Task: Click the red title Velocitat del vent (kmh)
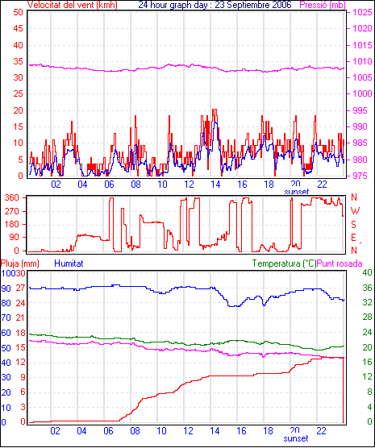pyautogui.click(x=72, y=5)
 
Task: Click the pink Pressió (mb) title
pyautogui.click(x=323, y=5)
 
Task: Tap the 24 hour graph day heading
pyautogui.click(x=215, y=5)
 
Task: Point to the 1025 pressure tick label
pyautogui.click(x=362, y=12)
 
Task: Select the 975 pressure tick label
pyautogui.click(x=360, y=176)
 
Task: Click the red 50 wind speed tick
pyautogui.click(x=18, y=12)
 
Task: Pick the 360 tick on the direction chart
pyautogui.click(x=12, y=197)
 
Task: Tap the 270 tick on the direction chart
pyautogui.click(x=12, y=211)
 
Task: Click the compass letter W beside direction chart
pyautogui.click(x=355, y=211)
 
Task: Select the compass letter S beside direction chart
pyautogui.click(x=353, y=225)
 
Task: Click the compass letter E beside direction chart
pyautogui.click(x=353, y=238)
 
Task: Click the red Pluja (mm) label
pyautogui.click(x=20, y=263)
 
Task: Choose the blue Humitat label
pyautogui.click(x=69, y=263)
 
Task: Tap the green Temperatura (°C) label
pyautogui.click(x=285, y=263)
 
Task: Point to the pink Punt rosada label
pyautogui.click(x=340, y=263)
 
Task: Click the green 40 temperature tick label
pyautogui.click(x=367, y=272)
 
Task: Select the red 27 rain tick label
pyautogui.click(x=21, y=288)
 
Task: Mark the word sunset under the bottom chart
pyautogui.click(x=296, y=438)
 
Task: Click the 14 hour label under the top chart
pyautogui.click(x=215, y=185)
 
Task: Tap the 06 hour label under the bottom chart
pyautogui.click(x=108, y=430)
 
